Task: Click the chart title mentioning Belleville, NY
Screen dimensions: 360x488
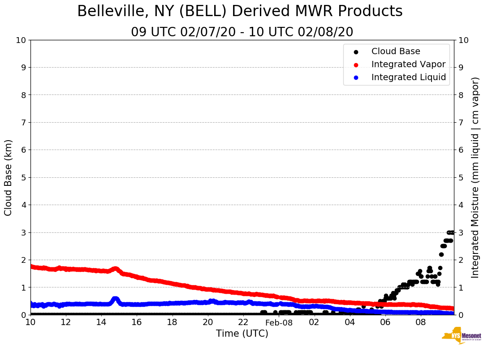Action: pos(240,12)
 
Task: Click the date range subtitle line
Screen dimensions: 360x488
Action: pos(242,32)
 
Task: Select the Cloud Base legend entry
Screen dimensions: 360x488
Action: pos(396,51)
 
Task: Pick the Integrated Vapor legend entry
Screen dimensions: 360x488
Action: pos(408,64)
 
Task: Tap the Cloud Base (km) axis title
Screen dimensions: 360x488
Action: pos(9,177)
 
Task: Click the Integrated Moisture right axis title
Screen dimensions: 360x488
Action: pos(475,177)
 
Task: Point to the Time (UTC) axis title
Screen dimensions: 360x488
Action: pos(242,334)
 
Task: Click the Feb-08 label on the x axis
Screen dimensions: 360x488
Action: pos(279,322)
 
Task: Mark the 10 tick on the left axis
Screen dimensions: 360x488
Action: pos(21,40)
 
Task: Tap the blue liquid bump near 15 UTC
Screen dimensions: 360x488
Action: pos(115,299)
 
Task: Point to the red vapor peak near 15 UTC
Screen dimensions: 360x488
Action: pos(115,269)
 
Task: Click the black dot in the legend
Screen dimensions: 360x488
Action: pos(356,51)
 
